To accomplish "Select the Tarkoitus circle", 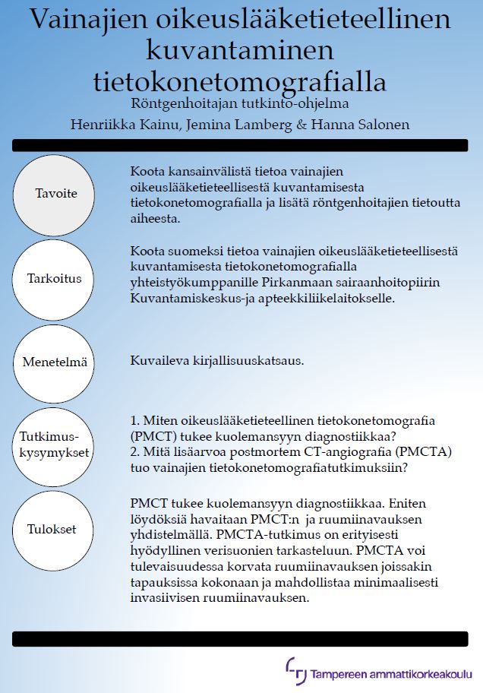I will [55, 277].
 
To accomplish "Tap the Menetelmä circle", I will [55, 362].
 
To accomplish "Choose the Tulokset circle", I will [55, 530].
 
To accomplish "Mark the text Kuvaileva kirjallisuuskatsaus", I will [217, 361].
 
